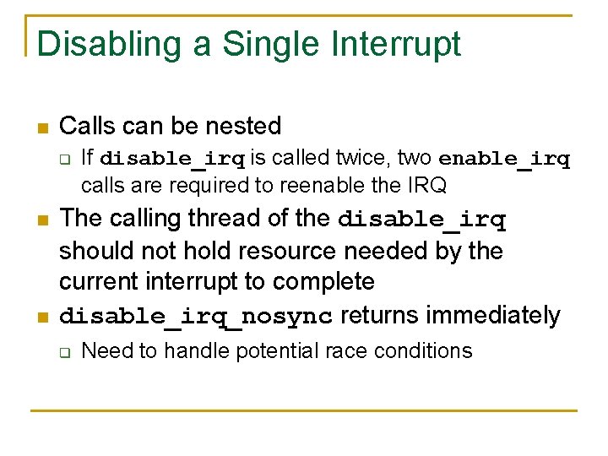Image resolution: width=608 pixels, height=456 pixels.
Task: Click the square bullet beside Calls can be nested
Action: (42, 128)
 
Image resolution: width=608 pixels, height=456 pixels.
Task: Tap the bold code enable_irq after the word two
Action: (504, 159)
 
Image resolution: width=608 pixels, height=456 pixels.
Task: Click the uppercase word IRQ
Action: (426, 184)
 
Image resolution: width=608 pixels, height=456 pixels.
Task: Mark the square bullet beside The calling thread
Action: (42, 220)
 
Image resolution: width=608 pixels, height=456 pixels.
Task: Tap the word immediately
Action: (493, 315)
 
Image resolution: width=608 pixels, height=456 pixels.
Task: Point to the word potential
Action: (270, 350)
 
